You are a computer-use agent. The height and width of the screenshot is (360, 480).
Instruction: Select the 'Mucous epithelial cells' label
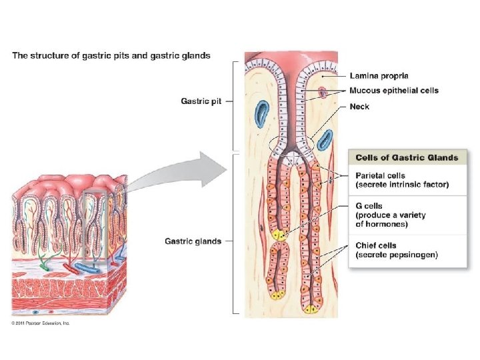pos(394,91)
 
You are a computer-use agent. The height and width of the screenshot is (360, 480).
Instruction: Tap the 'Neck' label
pos(361,106)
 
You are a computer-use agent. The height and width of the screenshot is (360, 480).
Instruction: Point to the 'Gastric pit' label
pos(201,101)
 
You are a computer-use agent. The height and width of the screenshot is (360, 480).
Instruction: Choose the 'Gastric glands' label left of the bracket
pos(193,241)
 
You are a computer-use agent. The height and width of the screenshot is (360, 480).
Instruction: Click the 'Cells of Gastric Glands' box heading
pos(407,157)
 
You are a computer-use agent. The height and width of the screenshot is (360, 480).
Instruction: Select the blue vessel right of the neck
pos(325,140)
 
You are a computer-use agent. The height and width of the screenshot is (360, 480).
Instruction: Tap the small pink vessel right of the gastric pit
pos(323,91)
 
